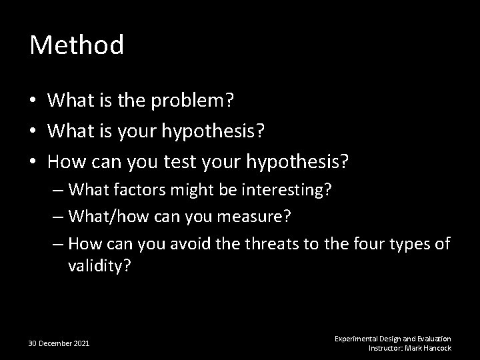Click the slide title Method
[77, 46]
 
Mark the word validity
[99, 267]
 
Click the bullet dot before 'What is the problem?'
[34, 101]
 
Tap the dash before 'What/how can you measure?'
[58, 217]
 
